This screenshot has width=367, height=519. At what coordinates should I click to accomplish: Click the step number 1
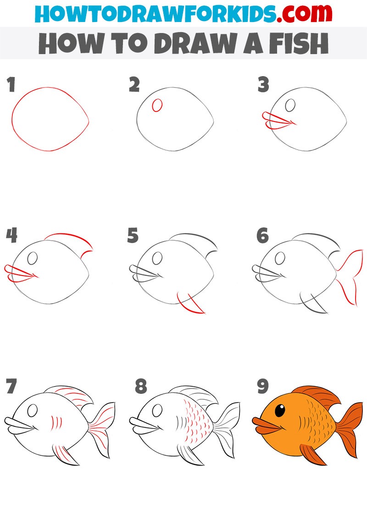11,85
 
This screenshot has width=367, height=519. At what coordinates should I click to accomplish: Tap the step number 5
133,236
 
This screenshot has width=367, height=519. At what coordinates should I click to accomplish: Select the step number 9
263,386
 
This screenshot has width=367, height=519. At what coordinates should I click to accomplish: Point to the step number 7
11,386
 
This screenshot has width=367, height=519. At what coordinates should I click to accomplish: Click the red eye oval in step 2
157,105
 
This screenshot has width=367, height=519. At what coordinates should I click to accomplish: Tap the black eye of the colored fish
280,410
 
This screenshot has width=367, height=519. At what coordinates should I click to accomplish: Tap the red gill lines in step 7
56,423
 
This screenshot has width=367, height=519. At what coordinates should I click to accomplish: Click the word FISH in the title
298,43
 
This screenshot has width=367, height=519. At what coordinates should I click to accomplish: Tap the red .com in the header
304,14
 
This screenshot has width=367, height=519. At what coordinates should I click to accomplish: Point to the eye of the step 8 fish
157,411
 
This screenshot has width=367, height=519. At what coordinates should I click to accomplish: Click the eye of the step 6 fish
280,258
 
